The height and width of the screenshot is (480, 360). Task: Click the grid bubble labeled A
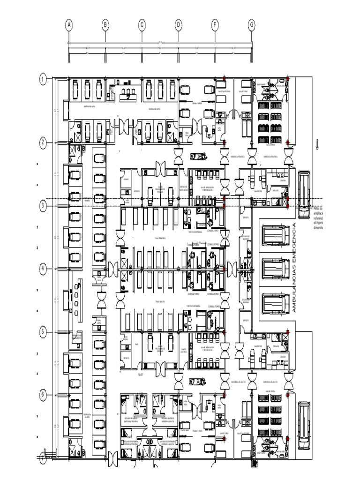[x=69, y=25]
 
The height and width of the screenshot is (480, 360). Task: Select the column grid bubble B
[x=105, y=25]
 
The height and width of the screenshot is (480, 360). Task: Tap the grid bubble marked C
[x=142, y=25]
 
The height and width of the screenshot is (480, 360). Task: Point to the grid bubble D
[x=179, y=25]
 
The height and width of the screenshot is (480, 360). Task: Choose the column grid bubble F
[x=215, y=25]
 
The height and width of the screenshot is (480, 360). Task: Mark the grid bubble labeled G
[x=252, y=25]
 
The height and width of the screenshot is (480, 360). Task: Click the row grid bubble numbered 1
[x=43, y=79]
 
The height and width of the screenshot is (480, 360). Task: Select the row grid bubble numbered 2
[x=43, y=142]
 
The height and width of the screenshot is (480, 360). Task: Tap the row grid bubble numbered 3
[x=43, y=205]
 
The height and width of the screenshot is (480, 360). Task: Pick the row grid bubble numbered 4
[x=43, y=269]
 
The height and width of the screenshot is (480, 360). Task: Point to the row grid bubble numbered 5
[x=43, y=332]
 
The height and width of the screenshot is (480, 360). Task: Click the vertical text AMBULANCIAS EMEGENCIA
[x=294, y=268]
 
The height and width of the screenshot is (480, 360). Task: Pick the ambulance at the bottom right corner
[x=304, y=425]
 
